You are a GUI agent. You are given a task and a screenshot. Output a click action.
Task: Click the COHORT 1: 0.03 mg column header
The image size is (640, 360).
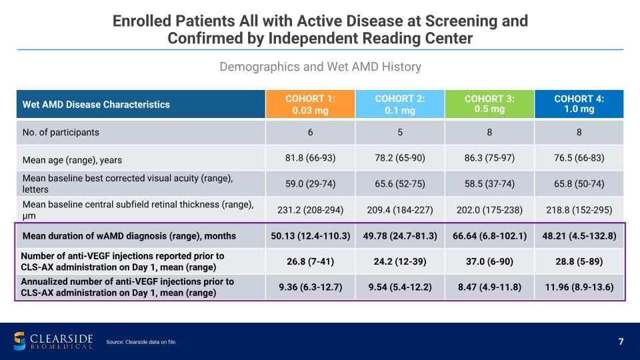pyautogui.click(x=310, y=104)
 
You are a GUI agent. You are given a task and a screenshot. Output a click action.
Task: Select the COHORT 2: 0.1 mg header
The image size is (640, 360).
pyautogui.click(x=399, y=104)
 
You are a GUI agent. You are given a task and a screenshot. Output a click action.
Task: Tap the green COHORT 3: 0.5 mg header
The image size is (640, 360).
pyautogui.click(x=489, y=104)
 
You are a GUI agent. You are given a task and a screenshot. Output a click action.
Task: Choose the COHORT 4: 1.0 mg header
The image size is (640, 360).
pyautogui.click(x=579, y=104)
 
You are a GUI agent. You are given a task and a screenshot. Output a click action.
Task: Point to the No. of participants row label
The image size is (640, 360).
pyautogui.click(x=61, y=132)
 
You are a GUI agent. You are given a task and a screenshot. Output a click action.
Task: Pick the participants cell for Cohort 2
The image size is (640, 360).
pyautogui.click(x=399, y=132)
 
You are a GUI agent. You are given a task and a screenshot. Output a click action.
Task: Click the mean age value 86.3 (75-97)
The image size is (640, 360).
pyautogui.click(x=489, y=158)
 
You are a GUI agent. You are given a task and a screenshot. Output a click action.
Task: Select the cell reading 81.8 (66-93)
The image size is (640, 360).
pyautogui.click(x=310, y=158)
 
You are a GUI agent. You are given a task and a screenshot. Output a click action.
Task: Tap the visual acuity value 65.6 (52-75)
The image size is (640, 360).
pyautogui.click(x=399, y=184)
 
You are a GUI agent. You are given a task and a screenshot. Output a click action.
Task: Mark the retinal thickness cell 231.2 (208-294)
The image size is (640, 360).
pyautogui.click(x=310, y=210)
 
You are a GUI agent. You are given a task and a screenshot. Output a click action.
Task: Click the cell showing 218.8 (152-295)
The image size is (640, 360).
pyautogui.click(x=579, y=210)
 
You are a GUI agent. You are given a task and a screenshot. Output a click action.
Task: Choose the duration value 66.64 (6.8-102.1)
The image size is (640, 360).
pyautogui.click(x=489, y=236)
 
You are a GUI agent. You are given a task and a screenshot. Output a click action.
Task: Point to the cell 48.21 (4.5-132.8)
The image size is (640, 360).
pyautogui.click(x=579, y=236)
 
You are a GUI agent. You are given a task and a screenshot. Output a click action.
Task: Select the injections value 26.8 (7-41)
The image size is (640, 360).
pyautogui.click(x=310, y=261)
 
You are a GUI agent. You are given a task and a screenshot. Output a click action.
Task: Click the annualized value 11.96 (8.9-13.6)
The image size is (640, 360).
pyautogui.click(x=579, y=287)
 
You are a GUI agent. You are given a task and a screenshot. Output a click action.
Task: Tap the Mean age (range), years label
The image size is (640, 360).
pyautogui.click(x=72, y=160)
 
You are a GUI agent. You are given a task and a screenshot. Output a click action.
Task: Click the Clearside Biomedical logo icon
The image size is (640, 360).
pyautogui.click(x=19, y=341)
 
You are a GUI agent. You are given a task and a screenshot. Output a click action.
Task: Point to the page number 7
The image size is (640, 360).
pyautogui.click(x=621, y=341)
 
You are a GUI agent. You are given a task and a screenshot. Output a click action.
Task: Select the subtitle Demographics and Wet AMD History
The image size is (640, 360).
pyautogui.click(x=321, y=67)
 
